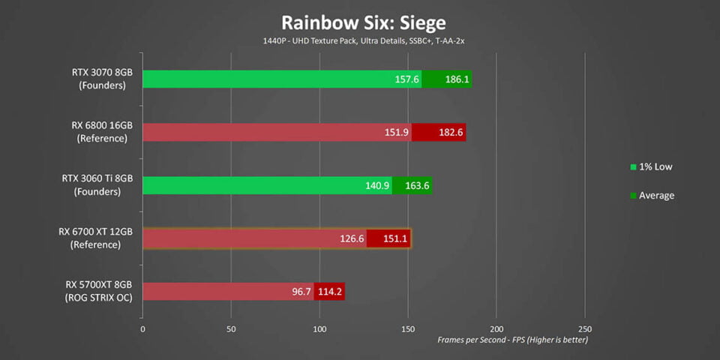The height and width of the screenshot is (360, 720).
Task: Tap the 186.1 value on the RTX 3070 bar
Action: (x=456, y=79)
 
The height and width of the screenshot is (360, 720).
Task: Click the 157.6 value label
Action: (x=406, y=79)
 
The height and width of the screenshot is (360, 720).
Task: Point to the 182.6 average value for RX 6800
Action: (x=450, y=132)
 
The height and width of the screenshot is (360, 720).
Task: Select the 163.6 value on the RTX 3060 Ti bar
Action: (x=418, y=185)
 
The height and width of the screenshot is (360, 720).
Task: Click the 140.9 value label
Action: (x=377, y=185)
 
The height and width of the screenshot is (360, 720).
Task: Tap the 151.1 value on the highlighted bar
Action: (x=395, y=238)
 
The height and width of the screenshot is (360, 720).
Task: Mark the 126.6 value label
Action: (x=351, y=238)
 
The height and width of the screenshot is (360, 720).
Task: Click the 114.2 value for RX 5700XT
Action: (x=330, y=291)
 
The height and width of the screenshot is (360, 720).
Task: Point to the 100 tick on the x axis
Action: (x=320, y=328)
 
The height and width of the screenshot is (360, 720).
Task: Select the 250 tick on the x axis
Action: (x=585, y=328)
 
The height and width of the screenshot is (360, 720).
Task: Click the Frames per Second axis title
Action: (x=512, y=340)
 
